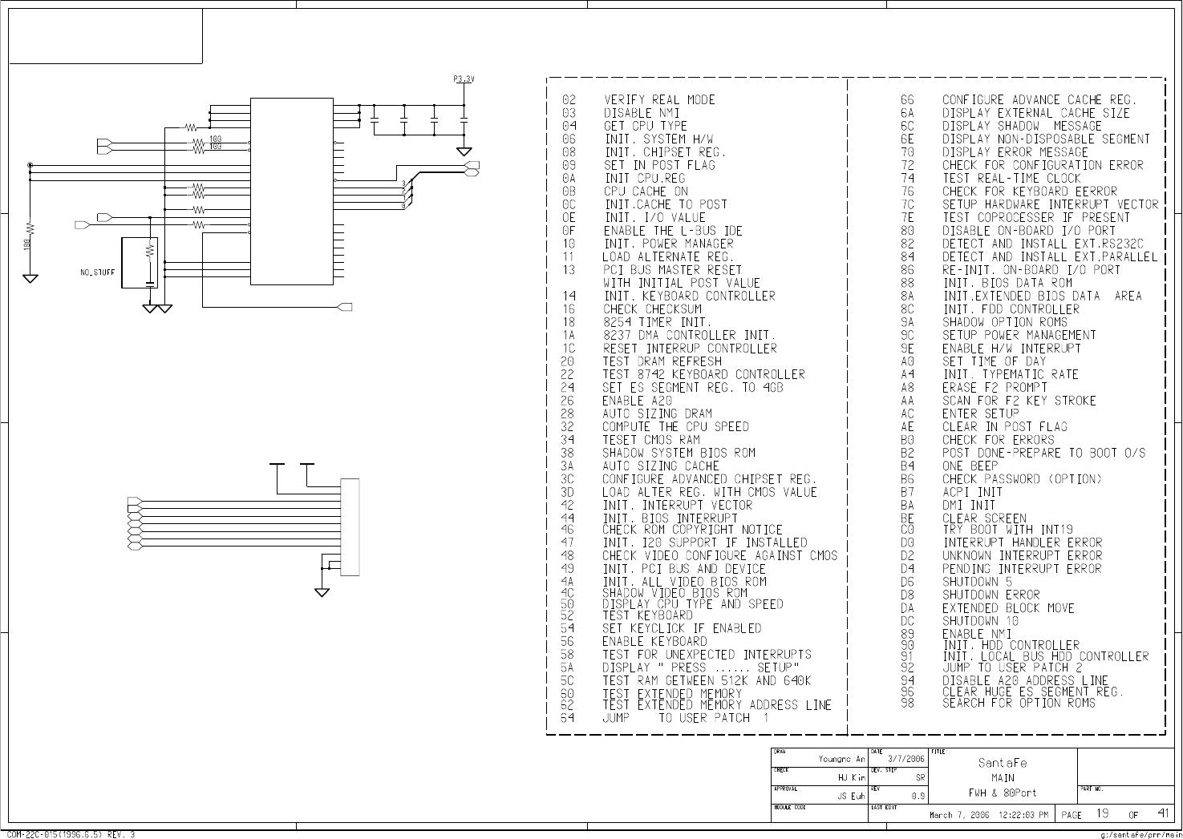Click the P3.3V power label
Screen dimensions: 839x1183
pos(464,79)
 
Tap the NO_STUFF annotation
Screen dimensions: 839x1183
pos(97,272)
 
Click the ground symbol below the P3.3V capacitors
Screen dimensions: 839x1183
pos(464,151)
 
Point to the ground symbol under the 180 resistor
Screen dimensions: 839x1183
pos(30,278)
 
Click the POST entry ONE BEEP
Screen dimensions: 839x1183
pos(970,466)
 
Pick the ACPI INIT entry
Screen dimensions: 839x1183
pos(972,492)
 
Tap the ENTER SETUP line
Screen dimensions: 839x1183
pos(980,414)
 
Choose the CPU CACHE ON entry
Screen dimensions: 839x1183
pos(646,192)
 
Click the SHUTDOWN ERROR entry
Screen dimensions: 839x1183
pos(991,595)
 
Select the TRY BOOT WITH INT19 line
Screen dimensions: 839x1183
pos(1007,530)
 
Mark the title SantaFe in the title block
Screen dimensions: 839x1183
pos(1002,763)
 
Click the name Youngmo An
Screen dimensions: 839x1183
pos(841,759)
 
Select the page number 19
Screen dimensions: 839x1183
pos(1103,813)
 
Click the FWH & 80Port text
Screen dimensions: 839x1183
pos(1002,793)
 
